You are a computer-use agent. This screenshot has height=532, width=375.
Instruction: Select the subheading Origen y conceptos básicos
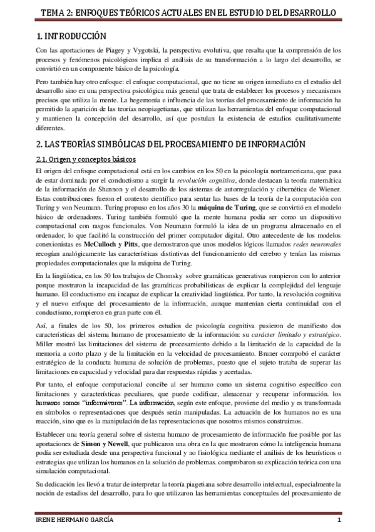[x=85, y=159]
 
